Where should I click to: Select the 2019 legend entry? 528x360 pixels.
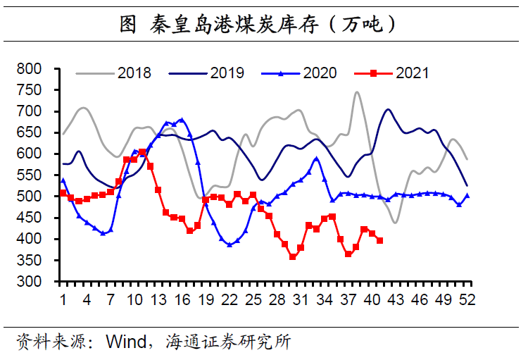[x=227, y=73]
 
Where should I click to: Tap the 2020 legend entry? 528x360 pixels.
[x=320, y=73]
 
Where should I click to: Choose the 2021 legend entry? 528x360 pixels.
[x=411, y=73]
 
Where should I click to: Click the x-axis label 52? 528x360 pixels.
[x=467, y=299]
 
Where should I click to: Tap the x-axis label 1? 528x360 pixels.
[x=63, y=299]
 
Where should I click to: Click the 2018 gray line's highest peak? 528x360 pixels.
[x=357, y=92]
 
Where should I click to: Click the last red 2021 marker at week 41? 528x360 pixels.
[x=380, y=240]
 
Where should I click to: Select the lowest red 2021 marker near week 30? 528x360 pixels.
[x=292, y=257]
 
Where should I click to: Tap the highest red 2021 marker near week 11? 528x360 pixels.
[x=142, y=152]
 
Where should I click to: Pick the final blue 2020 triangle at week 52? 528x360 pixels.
[x=467, y=196]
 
